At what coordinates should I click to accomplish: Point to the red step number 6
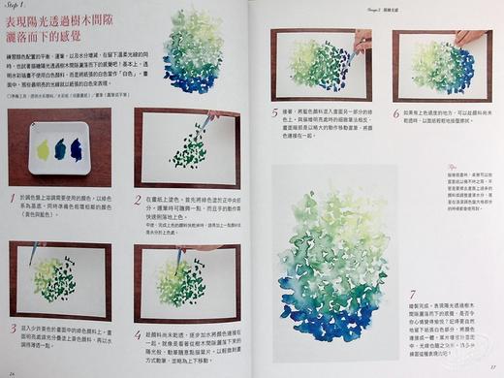point(396,113)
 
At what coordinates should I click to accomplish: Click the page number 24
point(13,369)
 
